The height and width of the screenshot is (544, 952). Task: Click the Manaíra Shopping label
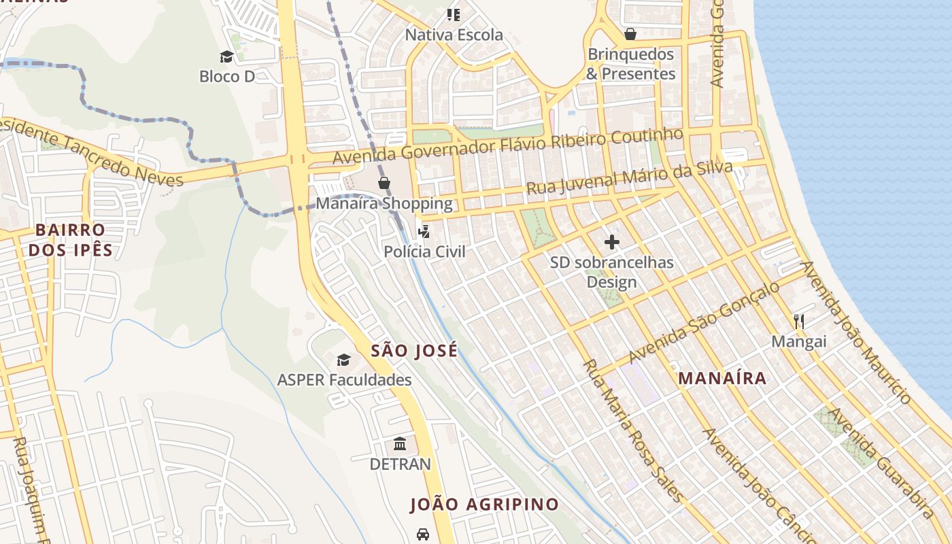384,203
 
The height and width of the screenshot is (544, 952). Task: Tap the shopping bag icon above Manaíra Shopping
384,183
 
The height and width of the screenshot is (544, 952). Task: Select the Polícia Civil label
424,252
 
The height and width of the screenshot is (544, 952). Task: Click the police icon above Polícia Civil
424,232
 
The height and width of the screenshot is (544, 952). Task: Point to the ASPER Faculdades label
344,379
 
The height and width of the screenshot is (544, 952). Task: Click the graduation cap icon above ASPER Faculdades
344,360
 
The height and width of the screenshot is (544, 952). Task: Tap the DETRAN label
400,464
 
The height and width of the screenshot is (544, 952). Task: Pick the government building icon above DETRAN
400,445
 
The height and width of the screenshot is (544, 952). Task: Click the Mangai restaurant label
799,341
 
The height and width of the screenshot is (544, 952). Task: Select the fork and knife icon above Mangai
799,322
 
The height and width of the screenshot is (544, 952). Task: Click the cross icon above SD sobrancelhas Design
611,241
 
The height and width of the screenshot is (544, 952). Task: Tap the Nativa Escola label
454,35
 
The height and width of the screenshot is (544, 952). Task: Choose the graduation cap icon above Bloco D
226,56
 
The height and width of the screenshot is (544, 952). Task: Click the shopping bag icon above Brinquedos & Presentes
630,34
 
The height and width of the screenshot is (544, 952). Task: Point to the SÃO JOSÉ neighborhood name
414,351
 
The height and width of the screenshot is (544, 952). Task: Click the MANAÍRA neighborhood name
722,379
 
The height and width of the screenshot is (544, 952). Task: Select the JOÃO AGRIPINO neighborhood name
484,505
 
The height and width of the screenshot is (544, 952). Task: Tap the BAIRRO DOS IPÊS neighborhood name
71,239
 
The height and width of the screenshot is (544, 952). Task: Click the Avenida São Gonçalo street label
704,322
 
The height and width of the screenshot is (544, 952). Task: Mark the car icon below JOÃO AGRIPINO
423,534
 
